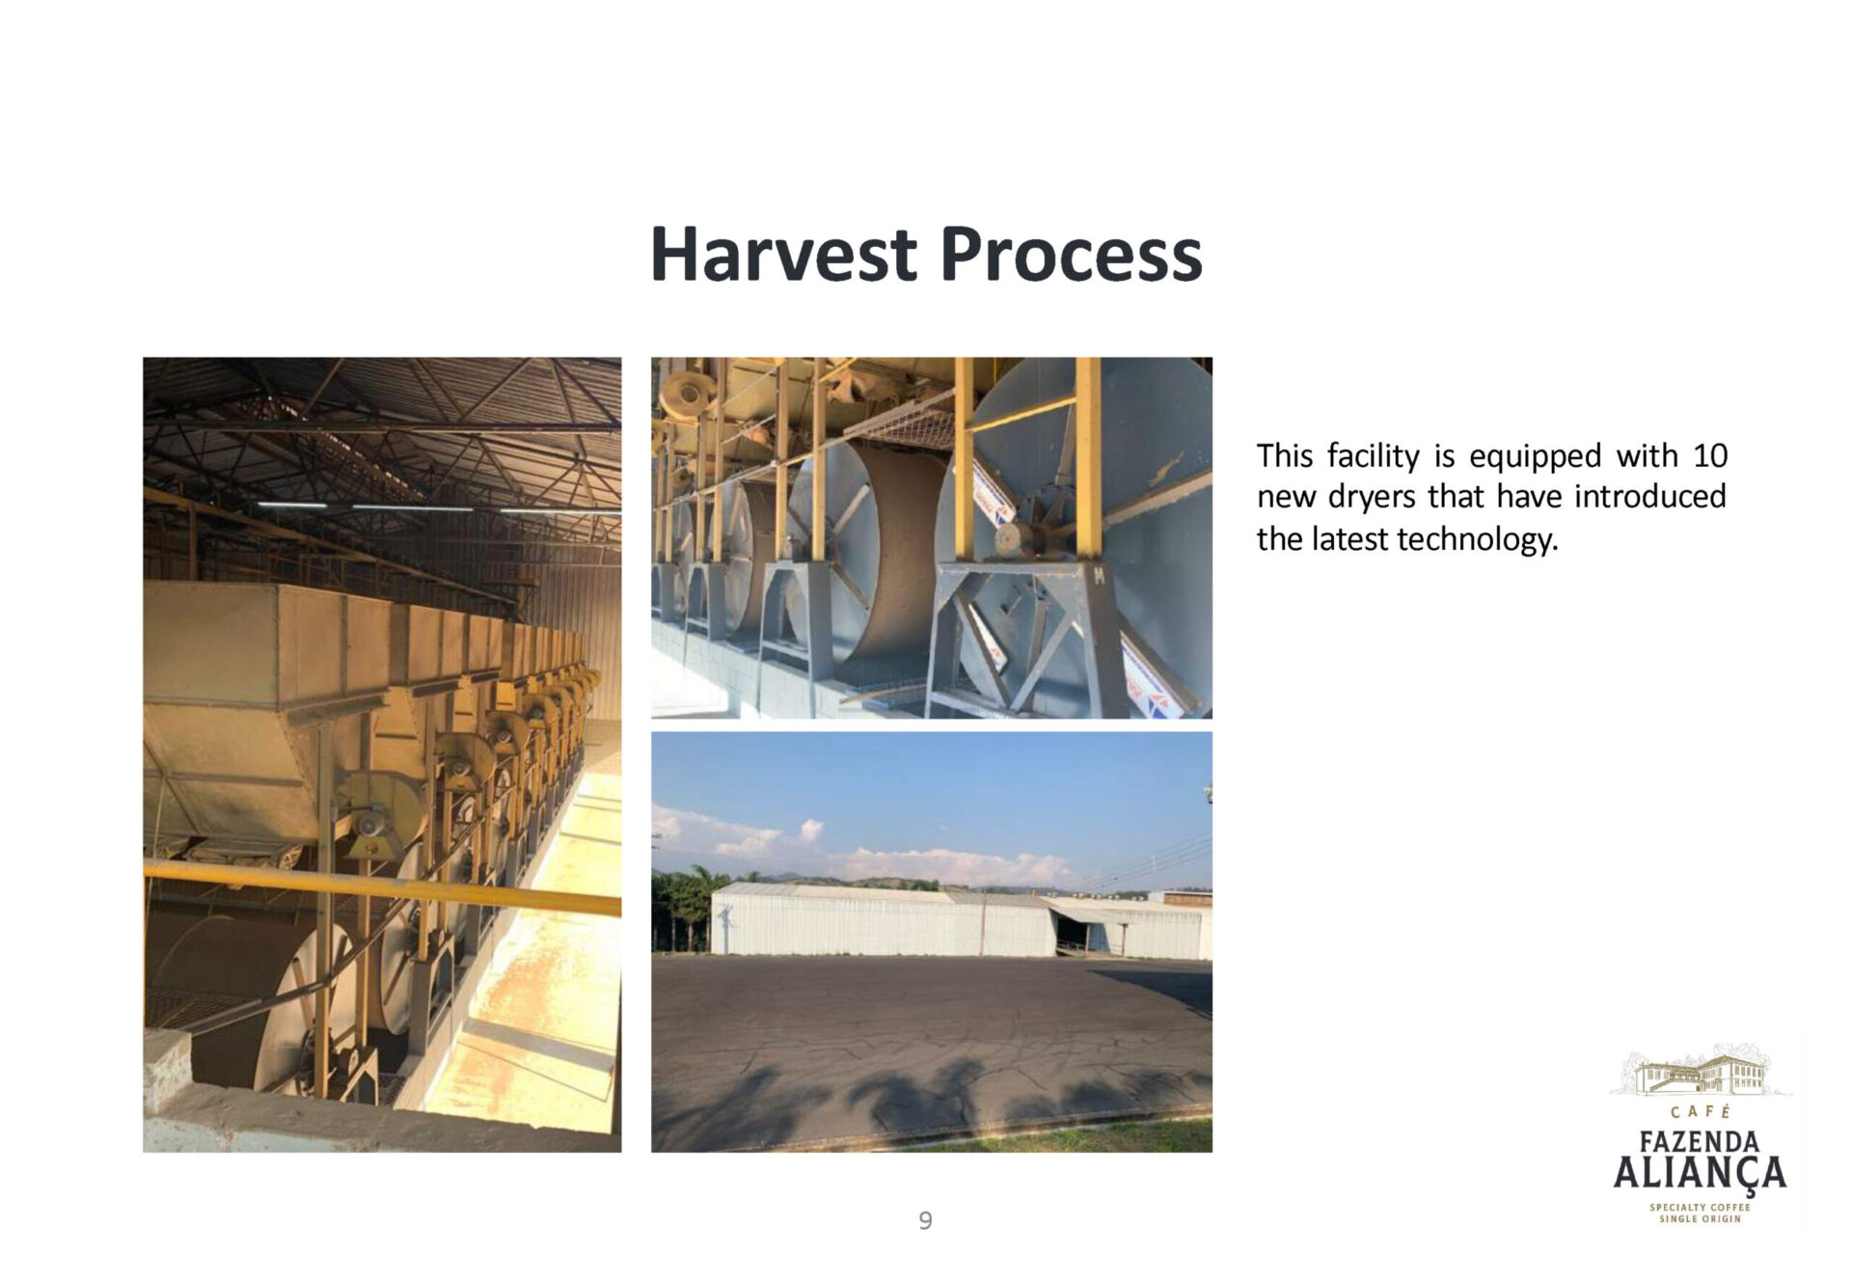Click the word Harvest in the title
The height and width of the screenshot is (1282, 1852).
(783, 254)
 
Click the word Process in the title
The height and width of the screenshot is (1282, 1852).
(1071, 254)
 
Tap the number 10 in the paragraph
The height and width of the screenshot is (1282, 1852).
(1709, 455)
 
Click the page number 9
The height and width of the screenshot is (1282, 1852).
(925, 1221)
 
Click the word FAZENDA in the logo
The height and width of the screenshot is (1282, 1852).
(1700, 1142)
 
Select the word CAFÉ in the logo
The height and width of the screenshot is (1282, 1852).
(1701, 1112)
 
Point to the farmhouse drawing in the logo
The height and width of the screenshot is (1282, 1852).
(1701, 1072)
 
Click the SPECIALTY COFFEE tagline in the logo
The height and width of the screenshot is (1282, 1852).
(1700, 1207)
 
